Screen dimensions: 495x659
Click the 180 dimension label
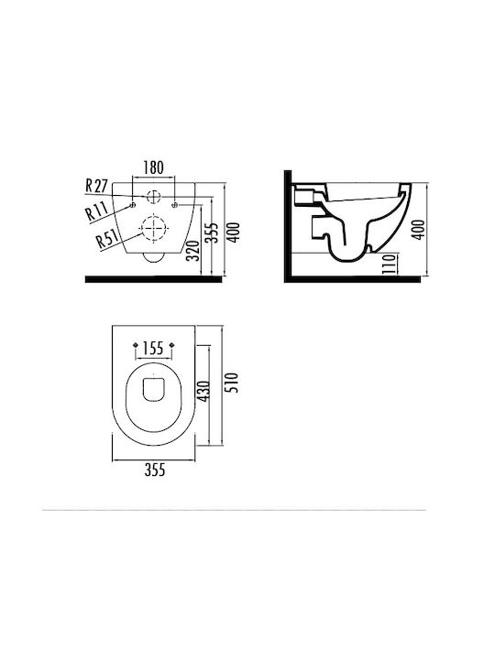(153, 167)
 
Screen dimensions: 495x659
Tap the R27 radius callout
(96, 186)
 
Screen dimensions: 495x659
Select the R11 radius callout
(96, 211)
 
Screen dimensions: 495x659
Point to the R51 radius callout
(107, 239)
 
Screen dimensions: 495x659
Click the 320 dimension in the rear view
(192, 251)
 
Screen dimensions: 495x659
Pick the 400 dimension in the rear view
(233, 232)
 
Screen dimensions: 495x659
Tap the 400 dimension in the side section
(418, 230)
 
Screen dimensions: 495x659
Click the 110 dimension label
(390, 264)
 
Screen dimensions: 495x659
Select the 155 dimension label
(153, 348)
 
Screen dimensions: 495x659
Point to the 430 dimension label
(203, 391)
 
